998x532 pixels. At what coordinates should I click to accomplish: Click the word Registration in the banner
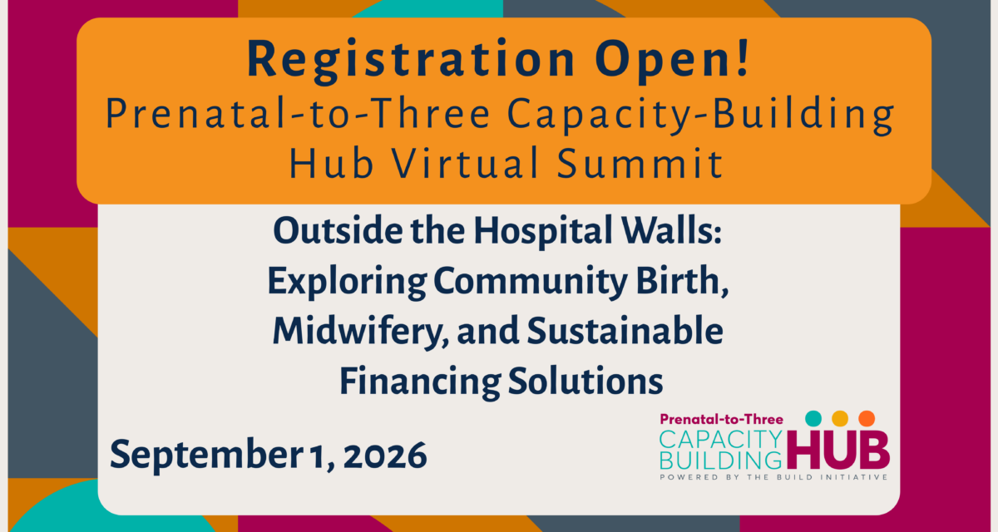coord(411,60)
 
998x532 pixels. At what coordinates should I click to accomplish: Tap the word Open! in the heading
coord(673,60)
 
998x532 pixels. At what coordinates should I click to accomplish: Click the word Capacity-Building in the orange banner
coord(701,115)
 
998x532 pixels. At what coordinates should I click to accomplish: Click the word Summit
coord(640,163)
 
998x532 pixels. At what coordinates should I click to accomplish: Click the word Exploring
coord(347,283)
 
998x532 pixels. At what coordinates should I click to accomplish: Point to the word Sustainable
coord(625,330)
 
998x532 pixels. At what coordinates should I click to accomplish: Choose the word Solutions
coord(585,381)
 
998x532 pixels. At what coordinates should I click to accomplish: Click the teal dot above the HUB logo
coord(813,418)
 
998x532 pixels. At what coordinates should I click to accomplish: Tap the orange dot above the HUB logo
coord(867,418)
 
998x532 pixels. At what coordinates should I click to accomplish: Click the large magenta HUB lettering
coord(838,450)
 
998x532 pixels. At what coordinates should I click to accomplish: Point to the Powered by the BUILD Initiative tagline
coord(774,477)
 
